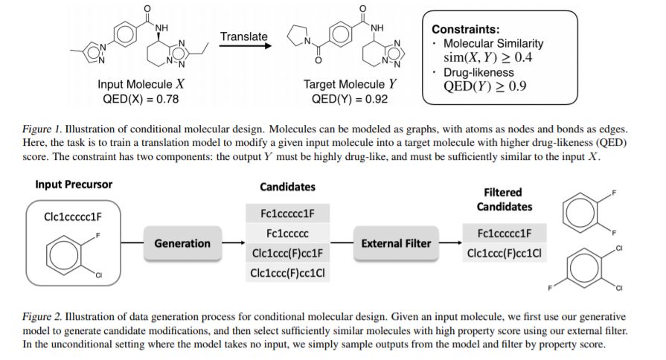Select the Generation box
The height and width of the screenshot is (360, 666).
(182, 243)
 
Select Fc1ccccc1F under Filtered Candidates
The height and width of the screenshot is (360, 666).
(505, 233)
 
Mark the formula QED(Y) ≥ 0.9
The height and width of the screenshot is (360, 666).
(487, 86)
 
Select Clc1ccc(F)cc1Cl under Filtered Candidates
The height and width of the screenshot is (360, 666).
(505, 253)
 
